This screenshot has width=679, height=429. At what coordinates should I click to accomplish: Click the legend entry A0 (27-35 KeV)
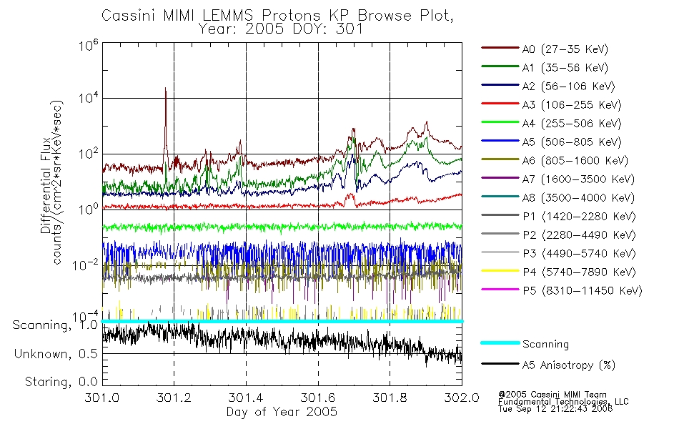point(545,49)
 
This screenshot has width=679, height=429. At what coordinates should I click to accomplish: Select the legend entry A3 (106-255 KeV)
point(551,105)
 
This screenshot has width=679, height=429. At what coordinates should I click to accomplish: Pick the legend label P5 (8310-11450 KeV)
point(562,290)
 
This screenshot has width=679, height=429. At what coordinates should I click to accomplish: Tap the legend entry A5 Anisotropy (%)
point(548,365)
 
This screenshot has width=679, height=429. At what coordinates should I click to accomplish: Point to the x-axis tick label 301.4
point(246,398)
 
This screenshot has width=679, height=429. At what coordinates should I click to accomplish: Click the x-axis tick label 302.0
point(462,398)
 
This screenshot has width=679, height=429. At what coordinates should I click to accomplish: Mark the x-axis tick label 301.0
point(102,398)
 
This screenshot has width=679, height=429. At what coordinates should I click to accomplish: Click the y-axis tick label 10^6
point(89,45)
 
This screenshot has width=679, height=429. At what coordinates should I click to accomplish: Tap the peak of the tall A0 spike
point(165,88)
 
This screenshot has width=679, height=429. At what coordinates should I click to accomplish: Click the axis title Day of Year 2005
point(282,412)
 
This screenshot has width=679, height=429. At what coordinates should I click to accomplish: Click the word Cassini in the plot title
point(129,16)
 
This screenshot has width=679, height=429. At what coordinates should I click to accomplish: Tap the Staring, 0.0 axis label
point(61,382)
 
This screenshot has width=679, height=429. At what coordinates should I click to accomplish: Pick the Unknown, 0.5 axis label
point(56,354)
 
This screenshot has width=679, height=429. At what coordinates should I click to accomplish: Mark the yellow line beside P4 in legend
point(500,271)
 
